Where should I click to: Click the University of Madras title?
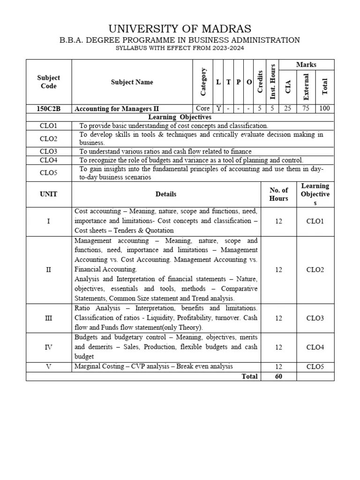tap(180, 29)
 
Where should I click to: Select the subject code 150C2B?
tap(48, 108)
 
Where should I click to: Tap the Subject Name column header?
tap(132, 82)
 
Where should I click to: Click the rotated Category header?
tap(203, 82)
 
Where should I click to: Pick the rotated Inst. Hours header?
tap(272, 82)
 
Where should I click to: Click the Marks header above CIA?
tap(306, 65)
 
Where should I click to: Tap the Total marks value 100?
tap(325, 108)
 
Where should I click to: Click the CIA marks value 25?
tap(287, 108)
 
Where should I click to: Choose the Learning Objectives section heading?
tap(180, 117)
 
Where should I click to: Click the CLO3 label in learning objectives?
tap(48, 151)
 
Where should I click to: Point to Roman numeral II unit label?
tap(48, 270)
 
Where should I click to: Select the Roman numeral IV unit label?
tap(48, 347)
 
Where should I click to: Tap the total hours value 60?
tap(278, 376)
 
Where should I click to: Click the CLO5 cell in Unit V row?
tap(315, 367)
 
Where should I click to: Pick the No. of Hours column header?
tap(278, 194)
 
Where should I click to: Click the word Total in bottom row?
tap(249, 376)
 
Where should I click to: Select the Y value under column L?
tap(218, 108)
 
